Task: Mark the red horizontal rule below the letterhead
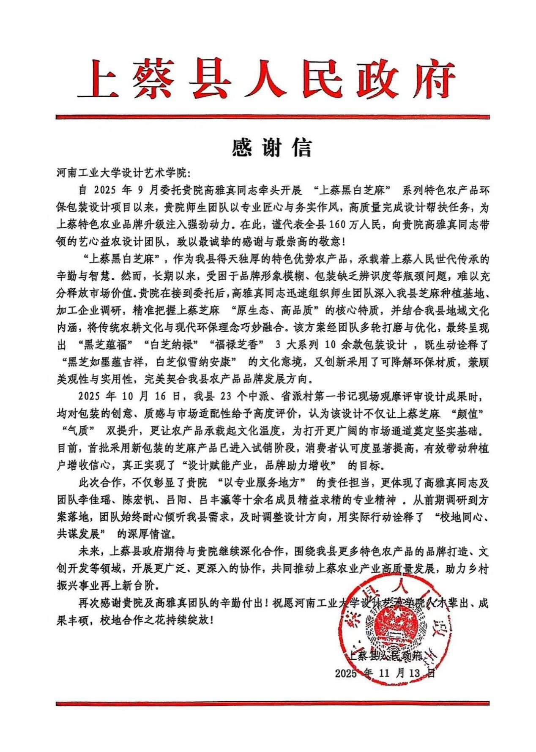272,117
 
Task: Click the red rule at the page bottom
272,703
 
